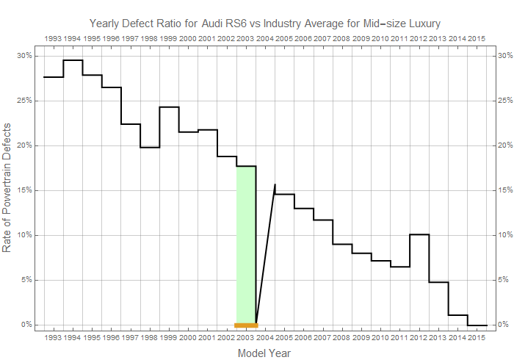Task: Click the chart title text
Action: (265, 24)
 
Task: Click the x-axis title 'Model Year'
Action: (264, 353)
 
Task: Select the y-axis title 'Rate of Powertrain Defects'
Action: (7, 187)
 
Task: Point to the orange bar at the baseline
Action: (246, 325)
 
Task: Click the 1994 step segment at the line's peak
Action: (73, 60)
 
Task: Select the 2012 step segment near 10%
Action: (419, 234)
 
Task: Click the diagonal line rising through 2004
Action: (266, 254)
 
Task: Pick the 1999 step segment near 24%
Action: (170, 107)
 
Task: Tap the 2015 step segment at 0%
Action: (477, 325)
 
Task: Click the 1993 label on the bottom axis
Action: (53, 337)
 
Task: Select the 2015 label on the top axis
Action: (477, 39)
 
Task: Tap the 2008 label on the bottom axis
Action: (341, 337)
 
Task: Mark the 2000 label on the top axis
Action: (188, 39)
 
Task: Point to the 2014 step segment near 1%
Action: (458, 315)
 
